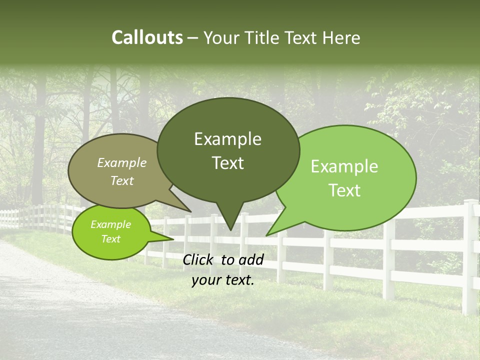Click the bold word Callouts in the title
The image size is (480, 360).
click(147, 37)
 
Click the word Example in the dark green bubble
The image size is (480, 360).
click(227, 139)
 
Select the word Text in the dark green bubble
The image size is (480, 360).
click(228, 163)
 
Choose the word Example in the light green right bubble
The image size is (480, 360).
click(344, 166)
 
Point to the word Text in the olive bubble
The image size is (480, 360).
click(122, 181)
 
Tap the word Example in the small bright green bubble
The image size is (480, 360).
click(110, 224)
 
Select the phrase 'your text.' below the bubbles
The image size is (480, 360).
click(223, 280)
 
